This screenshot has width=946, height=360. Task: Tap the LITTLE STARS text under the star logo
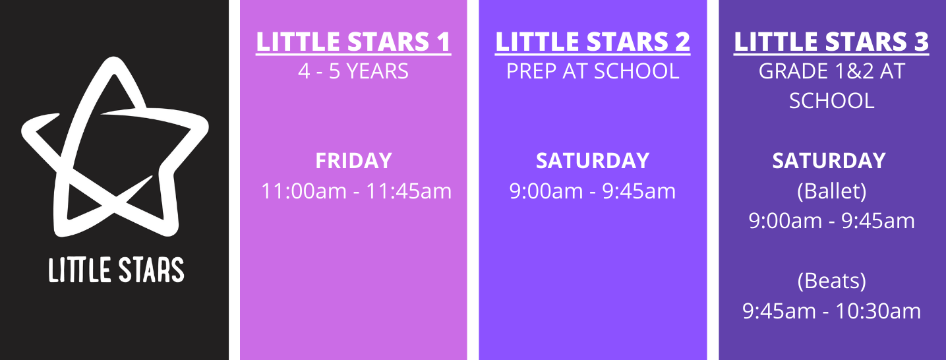tap(116, 270)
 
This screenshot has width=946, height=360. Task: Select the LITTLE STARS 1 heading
tap(353, 42)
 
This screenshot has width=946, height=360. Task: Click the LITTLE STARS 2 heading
tap(593, 42)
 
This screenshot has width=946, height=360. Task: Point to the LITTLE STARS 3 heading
tap(831, 42)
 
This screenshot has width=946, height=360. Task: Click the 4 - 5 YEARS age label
tap(353, 71)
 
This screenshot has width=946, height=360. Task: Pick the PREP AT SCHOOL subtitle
tap(593, 71)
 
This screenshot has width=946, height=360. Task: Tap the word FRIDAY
tap(353, 161)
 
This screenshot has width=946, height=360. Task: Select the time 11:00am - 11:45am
tap(356, 191)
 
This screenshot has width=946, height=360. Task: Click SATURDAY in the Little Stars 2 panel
tap(593, 161)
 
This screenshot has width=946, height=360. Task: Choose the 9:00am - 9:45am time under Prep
tap(593, 191)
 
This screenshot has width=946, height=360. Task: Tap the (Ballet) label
tap(831, 191)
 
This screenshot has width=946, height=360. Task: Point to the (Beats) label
tap(831, 281)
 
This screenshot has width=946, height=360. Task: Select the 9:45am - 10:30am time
tap(831, 311)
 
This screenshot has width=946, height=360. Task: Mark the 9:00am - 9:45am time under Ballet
tap(831, 221)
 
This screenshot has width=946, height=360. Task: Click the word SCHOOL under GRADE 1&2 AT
tap(831, 101)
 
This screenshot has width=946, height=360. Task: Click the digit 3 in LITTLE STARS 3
tap(920, 42)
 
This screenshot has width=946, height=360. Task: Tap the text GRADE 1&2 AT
tap(831, 71)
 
